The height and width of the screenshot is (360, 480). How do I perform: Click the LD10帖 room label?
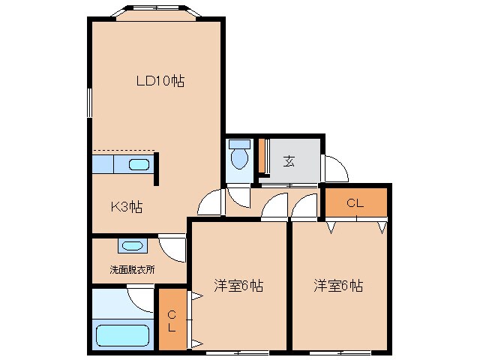[x=160, y=81]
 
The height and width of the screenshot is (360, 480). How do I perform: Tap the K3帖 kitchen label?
[x=127, y=207]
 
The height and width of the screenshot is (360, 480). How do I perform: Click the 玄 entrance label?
[x=289, y=160]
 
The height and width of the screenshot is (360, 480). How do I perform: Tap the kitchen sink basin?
[x=139, y=165]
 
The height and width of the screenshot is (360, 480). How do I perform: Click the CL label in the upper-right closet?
[x=355, y=202]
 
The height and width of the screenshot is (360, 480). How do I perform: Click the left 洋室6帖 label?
[x=238, y=286]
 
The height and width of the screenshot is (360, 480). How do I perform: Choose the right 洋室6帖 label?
[x=338, y=286]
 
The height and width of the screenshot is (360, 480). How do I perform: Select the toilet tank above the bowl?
[x=239, y=143]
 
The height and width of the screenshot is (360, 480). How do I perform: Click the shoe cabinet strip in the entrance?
[x=262, y=156]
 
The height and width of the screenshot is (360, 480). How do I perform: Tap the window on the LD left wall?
[x=89, y=102]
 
